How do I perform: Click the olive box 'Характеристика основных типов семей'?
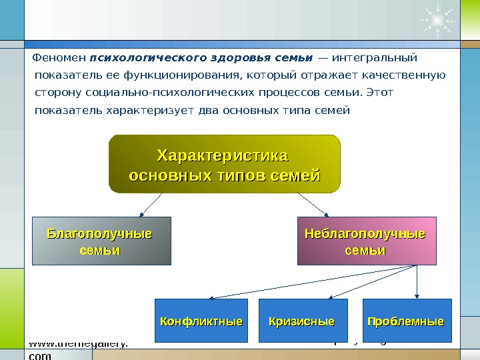click(x=224, y=164)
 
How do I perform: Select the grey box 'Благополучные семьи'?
click(x=101, y=241)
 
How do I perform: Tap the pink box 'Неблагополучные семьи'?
click(x=366, y=241)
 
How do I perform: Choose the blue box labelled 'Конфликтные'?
click(x=201, y=321)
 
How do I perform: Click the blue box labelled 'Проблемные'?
click(x=407, y=321)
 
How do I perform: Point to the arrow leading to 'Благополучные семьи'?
click(x=151, y=205)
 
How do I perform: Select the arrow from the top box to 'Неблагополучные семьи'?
click(x=312, y=205)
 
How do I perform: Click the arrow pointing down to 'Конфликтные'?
click(x=307, y=281)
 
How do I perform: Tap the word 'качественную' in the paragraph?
click(x=407, y=75)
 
